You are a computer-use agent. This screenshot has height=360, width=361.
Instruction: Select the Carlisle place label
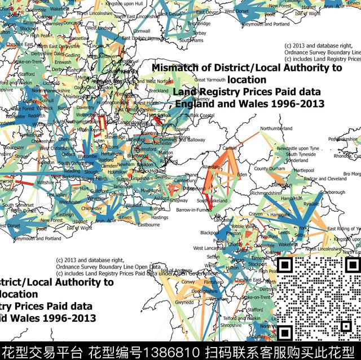230,148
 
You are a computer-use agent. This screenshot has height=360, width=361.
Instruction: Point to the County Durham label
268,168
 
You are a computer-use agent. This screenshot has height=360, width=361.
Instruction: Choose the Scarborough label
333,192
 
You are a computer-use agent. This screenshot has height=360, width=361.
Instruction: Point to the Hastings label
160,217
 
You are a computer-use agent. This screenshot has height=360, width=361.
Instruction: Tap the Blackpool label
209,232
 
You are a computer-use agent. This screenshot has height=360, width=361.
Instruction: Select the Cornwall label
142,31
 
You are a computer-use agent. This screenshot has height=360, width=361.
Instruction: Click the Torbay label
199,33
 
